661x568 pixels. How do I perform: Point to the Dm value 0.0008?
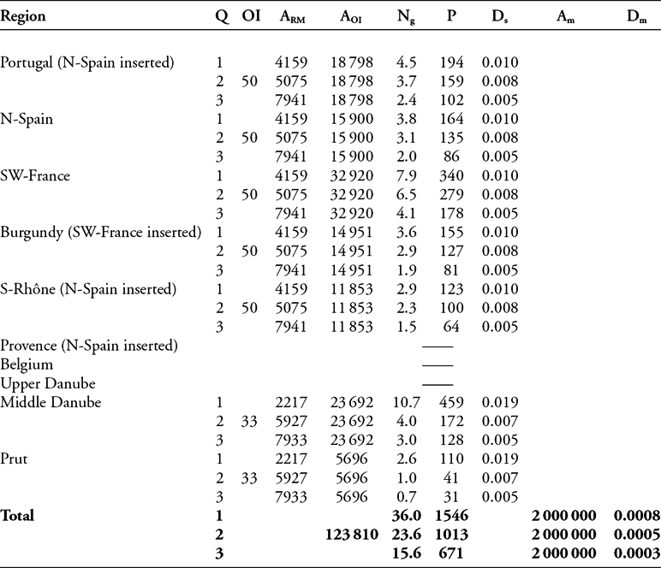tap(637, 518)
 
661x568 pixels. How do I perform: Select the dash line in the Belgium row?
tap(437, 365)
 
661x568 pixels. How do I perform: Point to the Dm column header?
tap(636, 17)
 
